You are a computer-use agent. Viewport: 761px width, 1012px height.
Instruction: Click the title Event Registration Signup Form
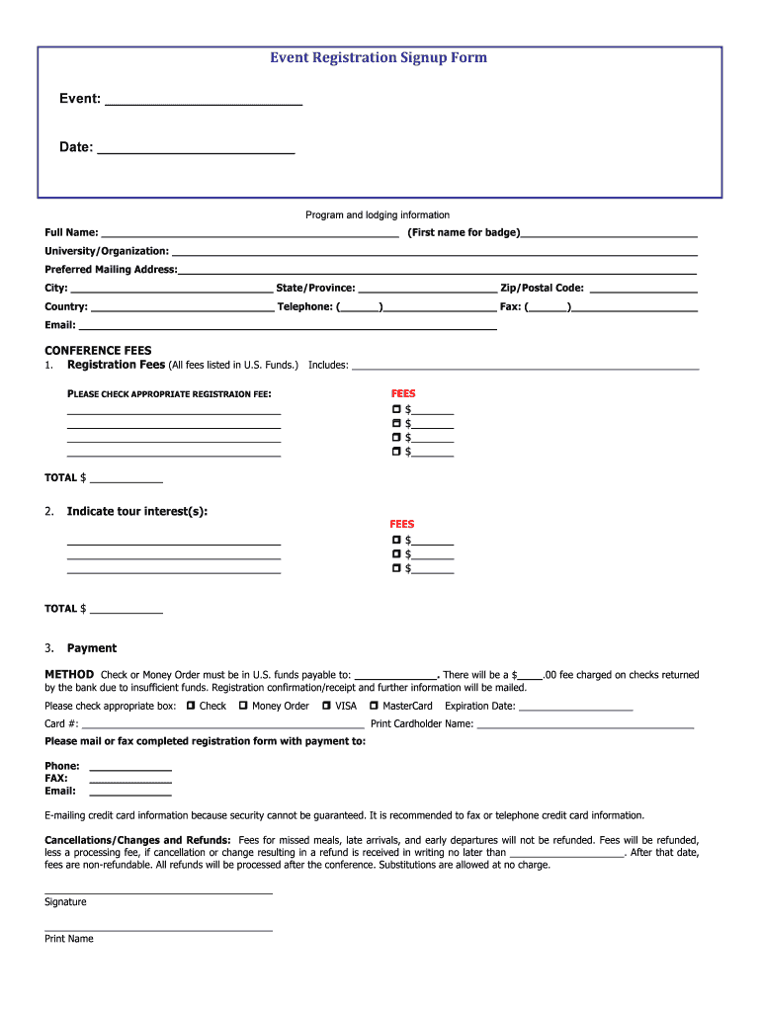pyautogui.click(x=379, y=58)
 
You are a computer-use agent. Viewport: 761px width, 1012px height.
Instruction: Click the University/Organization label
pyautogui.click(x=107, y=252)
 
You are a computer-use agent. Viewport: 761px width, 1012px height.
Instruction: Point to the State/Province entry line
pyautogui.click(x=427, y=292)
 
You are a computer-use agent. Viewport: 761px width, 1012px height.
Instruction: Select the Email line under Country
pyautogui.click(x=287, y=327)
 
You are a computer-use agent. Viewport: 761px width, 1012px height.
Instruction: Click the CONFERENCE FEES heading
pyautogui.click(x=98, y=350)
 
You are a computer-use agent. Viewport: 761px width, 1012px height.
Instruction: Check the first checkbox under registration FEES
pyautogui.click(x=396, y=409)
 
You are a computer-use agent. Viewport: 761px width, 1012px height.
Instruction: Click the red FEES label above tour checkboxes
pyautogui.click(x=402, y=524)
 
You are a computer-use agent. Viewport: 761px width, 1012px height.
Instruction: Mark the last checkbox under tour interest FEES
pyautogui.click(x=396, y=568)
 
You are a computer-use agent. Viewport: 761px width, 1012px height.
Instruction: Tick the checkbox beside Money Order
pyautogui.click(x=243, y=706)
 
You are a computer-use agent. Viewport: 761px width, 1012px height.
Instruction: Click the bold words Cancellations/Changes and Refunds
pyautogui.click(x=137, y=839)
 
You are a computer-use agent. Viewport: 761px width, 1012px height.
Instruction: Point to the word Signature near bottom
pyautogui.click(x=65, y=902)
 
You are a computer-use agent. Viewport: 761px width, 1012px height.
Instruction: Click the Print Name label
pyautogui.click(x=69, y=939)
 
